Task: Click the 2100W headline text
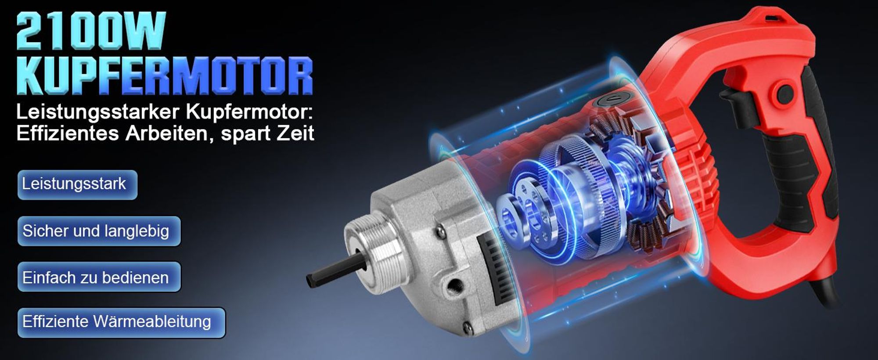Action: [91, 30]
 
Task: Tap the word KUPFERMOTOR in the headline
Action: [165, 74]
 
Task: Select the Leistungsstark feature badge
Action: [77, 184]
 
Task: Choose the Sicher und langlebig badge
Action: [99, 231]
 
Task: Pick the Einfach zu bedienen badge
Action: [99, 277]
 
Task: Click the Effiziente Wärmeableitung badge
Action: [121, 322]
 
